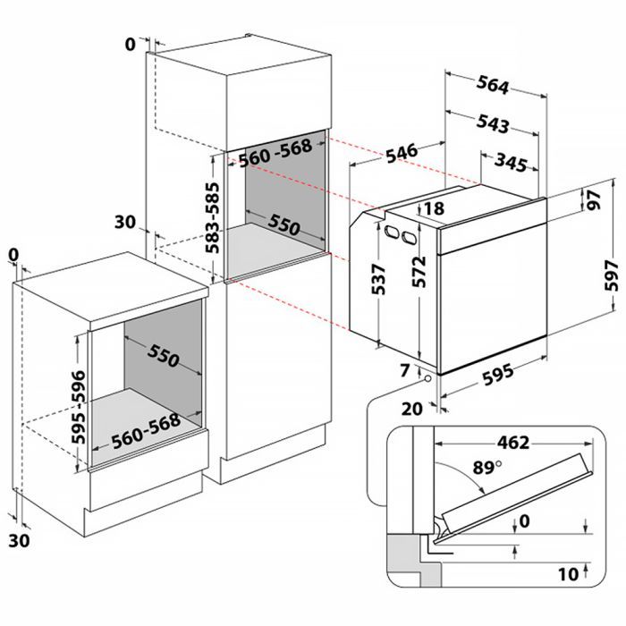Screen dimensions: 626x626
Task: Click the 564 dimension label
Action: tap(493, 85)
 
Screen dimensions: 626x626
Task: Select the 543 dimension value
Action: tap(493, 123)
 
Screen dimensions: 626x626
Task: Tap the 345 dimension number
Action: tap(511, 162)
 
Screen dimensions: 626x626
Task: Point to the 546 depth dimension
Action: tap(402, 153)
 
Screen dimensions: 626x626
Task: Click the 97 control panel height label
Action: tap(594, 200)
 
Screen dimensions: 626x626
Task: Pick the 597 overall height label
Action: tap(611, 275)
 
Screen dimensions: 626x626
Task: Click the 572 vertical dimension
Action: tap(419, 272)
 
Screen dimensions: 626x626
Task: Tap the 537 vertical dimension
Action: tap(378, 279)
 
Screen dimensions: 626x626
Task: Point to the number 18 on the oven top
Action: tap(435, 208)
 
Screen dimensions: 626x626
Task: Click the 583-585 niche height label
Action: tap(213, 217)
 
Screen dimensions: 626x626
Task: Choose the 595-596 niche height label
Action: tap(79, 407)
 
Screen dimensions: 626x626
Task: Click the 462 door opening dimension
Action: tap(513, 443)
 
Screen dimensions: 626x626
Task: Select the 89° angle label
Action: tap(487, 467)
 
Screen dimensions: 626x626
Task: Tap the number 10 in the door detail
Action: tap(568, 574)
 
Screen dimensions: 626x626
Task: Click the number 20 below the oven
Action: tap(411, 409)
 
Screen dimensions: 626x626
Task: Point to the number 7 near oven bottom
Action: tap(405, 371)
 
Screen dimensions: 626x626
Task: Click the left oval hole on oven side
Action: tap(392, 232)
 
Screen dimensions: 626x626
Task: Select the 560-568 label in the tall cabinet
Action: tap(275, 153)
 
